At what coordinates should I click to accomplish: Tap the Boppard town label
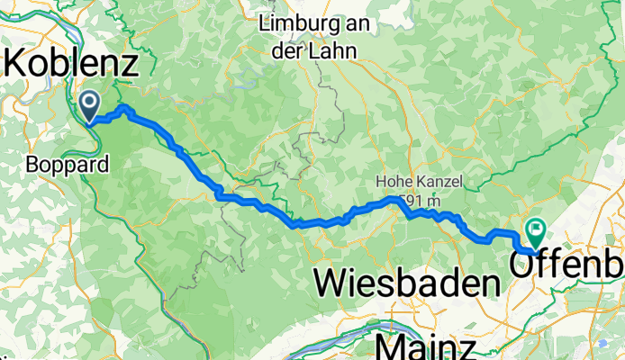tap(68, 165)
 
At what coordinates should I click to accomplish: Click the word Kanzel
tap(440, 183)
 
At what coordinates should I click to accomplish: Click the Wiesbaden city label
tap(407, 284)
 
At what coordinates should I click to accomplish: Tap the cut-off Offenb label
tap(567, 265)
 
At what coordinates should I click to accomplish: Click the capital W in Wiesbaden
tap(330, 284)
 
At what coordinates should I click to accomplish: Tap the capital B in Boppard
tap(33, 165)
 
